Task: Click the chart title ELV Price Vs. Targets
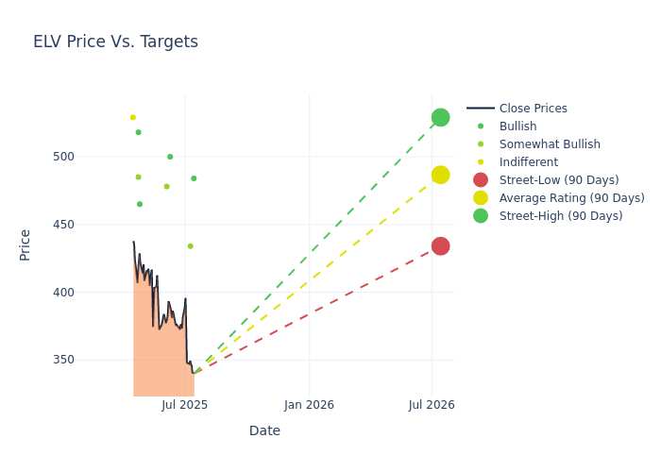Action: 115,42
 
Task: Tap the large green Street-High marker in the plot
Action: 441,118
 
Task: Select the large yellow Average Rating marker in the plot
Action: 441,175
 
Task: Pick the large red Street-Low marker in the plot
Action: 441,246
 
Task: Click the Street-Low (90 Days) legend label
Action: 559,180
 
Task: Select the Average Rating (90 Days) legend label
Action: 571,198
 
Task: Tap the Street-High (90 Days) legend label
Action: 561,216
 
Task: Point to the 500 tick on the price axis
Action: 63,157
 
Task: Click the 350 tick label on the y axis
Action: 63,360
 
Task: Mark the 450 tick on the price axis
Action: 63,225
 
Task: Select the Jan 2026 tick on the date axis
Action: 309,405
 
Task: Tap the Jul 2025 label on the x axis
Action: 185,405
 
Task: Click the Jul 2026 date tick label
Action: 432,405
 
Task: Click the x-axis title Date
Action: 264,430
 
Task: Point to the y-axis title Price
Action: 25,245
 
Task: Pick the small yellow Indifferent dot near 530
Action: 133,118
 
